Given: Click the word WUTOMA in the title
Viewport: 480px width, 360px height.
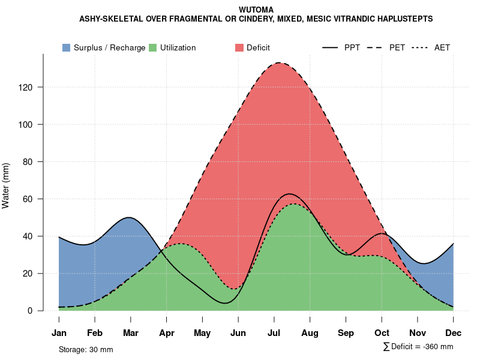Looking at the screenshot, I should [256, 10].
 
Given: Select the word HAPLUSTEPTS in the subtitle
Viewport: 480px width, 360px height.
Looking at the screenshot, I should [402, 19].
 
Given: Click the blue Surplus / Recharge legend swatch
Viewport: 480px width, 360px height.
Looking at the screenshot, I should [66, 47].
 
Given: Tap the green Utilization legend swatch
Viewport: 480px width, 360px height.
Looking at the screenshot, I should [152, 47].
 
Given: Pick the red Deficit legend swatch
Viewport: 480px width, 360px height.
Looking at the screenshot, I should [239, 47].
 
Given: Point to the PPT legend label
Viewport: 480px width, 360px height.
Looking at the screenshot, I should [352, 47].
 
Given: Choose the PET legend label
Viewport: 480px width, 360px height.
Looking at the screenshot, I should [397, 47].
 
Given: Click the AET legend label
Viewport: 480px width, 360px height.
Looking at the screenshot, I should [442, 47].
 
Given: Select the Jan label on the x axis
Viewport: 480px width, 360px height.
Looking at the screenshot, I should [59, 333].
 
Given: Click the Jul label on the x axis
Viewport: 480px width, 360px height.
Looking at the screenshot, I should [274, 333].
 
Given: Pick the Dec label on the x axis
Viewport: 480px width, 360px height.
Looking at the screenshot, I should [454, 333].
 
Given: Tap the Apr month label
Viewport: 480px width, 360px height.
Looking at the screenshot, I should [167, 333].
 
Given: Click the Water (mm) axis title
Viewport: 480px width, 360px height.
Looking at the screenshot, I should [6, 185].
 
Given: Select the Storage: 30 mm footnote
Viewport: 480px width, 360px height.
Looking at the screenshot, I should [86, 349].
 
